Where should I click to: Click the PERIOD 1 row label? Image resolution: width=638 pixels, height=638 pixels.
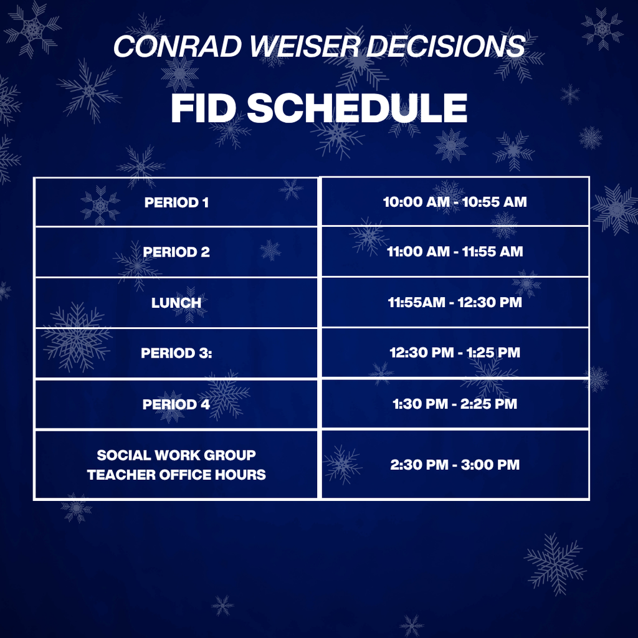(x=176, y=202)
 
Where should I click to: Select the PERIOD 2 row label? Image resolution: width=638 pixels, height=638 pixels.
(x=176, y=252)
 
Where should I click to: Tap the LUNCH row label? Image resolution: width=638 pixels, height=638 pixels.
(x=176, y=303)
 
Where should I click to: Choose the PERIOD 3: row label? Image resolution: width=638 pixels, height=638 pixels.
(x=176, y=353)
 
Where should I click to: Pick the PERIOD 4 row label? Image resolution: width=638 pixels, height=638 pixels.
(x=176, y=404)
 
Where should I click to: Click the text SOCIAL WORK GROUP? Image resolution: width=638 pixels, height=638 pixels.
(x=176, y=455)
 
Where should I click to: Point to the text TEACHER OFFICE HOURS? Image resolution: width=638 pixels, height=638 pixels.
(x=176, y=475)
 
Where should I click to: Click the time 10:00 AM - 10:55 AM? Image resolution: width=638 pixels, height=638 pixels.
(x=455, y=202)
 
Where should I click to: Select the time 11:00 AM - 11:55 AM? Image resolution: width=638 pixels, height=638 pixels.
(x=455, y=252)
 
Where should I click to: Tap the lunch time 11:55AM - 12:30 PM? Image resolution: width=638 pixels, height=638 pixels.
(x=455, y=303)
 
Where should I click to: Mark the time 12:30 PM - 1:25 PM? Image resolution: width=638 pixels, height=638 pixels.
(x=455, y=353)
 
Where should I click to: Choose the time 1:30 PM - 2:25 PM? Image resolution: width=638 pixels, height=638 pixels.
(x=455, y=404)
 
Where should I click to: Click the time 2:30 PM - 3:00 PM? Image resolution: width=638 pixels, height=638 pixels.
(x=455, y=465)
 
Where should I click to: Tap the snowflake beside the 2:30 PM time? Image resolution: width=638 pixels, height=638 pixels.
(x=342, y=464)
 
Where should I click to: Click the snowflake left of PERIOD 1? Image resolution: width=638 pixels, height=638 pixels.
(x=100, y=204)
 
